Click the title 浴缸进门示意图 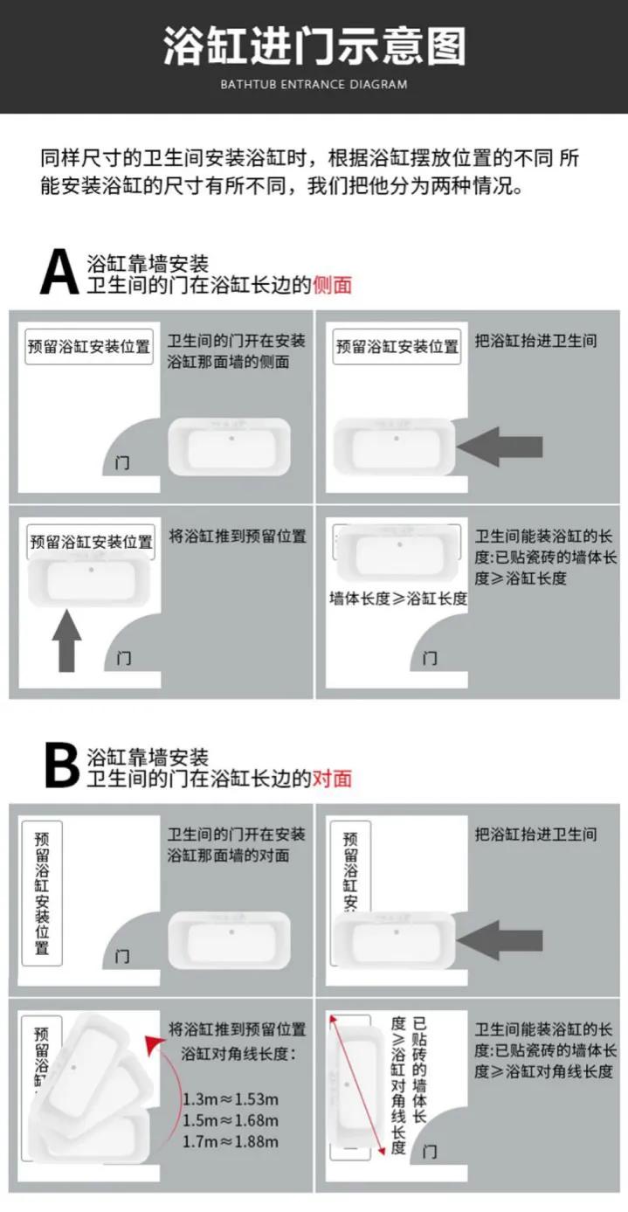pyautogui.click(x=314, y=46)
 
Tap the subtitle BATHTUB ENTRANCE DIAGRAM pyautogui.click(x=314, y=85)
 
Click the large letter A pyautogui.click(x=59, y=273)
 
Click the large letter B pyautogui.click(x=61, y=765)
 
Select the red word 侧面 pyautogui.click(x=332, y=285)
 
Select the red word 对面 pyautogui.click(x=332, y=778)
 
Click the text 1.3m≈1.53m pyautogui.click(x=231, y=1098)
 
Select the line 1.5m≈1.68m pyautogui.click(x=231, y=1120)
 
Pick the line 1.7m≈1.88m pyautogui.click(x=231, y=1141)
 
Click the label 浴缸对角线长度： pyautogui.click(x=238, y=1054)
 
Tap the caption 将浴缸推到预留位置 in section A pyautogui.click(x=238, y=537)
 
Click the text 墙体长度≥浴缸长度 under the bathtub pyautogui.click(x=398, y=599)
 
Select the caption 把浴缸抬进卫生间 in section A pyautogui.click(x=535, y=341)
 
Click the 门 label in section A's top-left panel pyautogui.click(x=122, y=463)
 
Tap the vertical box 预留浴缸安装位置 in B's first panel pyautogui.click(x=42, y=892)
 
